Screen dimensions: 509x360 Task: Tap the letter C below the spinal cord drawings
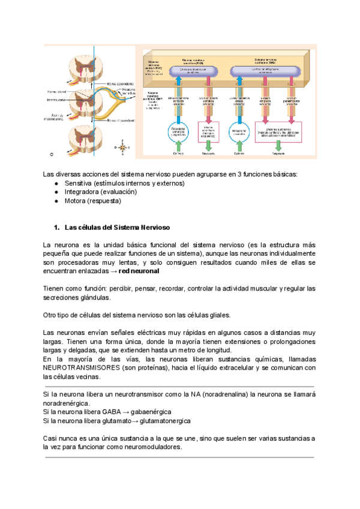click(52, 154)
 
